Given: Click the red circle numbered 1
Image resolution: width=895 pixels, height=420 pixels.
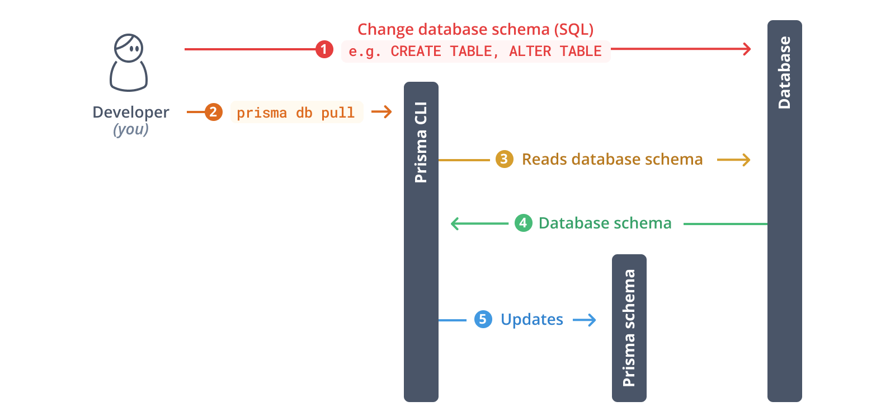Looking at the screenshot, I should [324, 49].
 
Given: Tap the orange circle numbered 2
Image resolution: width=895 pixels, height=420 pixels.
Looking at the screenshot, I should [213, 112].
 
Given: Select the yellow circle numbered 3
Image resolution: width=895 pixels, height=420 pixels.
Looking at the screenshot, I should [504, 159].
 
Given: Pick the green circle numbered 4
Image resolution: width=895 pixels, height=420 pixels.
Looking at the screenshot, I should [523, 223].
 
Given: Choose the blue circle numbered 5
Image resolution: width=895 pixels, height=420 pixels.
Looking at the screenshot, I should [483, 319].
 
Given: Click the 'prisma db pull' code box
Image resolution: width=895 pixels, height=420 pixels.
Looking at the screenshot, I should [296, 112].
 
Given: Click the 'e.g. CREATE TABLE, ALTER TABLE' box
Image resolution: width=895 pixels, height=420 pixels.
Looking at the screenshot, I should [475, 52].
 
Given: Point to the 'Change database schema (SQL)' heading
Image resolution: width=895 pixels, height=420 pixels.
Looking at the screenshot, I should [475, 29].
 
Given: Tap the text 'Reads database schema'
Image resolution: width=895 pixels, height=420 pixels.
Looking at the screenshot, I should [612, 160].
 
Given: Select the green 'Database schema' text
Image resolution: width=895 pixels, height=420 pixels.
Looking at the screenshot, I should [605, 223].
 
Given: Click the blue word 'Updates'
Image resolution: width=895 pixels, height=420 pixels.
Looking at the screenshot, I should [532, 320].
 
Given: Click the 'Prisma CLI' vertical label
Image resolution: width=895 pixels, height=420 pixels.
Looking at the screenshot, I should [421, 142].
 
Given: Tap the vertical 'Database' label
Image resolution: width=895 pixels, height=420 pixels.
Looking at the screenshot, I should [784, 73].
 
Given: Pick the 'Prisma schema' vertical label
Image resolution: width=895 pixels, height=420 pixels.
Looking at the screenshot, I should [629, 328].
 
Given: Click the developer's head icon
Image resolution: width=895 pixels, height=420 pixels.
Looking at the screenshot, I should [129, 48].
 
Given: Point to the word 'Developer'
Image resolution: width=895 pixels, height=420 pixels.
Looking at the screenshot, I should [131, 113].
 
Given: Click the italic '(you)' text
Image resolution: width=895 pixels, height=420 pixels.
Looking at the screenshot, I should [131, 129].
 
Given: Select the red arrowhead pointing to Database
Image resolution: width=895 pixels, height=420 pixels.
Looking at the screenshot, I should [747, 49].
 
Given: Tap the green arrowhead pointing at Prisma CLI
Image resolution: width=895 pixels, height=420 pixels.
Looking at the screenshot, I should [455, 223].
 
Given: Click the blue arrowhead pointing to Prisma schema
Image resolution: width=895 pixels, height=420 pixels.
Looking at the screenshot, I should [592, 320].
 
